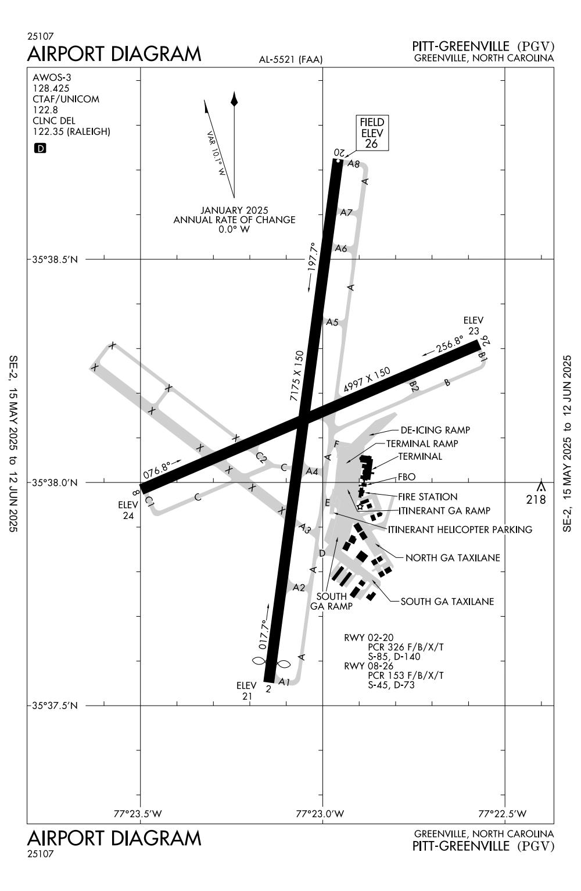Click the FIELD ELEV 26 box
[x=372, y=133]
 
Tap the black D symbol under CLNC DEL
[x=41, y=148]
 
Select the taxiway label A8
[x=353, y=164]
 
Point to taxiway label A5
[x=332, y=322]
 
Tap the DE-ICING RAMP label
[x=435, y=431]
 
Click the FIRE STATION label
[x=428, y=497]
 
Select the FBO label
[x=407, y=477]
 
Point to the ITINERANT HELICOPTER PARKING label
[x=460, y=529]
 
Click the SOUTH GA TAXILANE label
[x=447, y=602]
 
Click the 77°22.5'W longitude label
[x=503, y=813]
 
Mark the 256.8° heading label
[x=450, y=345]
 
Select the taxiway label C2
[x=261, y=458]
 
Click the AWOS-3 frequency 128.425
[x=51, y=88]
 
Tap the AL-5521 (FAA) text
[x=291, y=59]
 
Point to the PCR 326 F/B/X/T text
[x=406, y=647]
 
